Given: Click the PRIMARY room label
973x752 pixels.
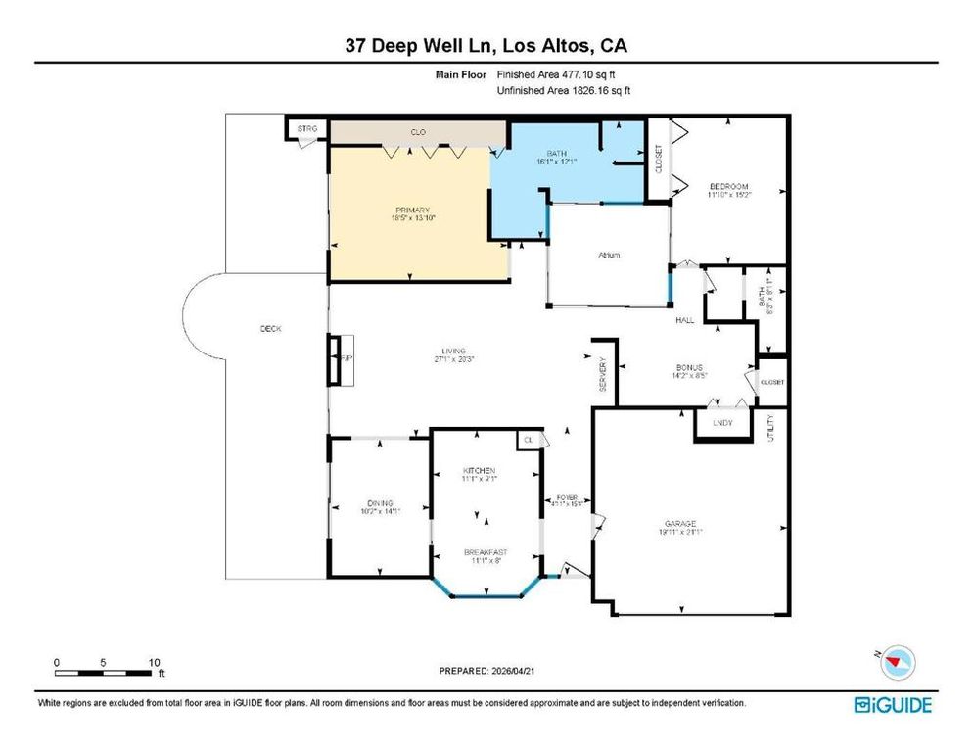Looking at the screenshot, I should click(413, 210).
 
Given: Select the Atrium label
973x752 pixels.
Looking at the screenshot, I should click(610, 255).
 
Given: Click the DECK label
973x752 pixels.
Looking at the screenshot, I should click(271, 329).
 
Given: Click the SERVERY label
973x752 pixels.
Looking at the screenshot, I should click(603, 376).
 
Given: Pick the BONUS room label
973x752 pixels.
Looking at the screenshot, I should click(688, 368).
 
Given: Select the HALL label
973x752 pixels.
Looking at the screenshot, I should click(685, 320).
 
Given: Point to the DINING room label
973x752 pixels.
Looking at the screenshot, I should click(380, 505).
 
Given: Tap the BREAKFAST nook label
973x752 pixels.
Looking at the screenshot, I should click(486, 553).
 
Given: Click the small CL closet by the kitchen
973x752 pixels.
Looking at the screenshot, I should click(529, 440).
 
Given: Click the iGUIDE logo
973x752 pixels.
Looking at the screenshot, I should click(892, 704).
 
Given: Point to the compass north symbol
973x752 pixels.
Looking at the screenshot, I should click(891, 664).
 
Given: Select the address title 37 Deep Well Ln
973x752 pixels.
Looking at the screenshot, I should click(486, 46).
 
